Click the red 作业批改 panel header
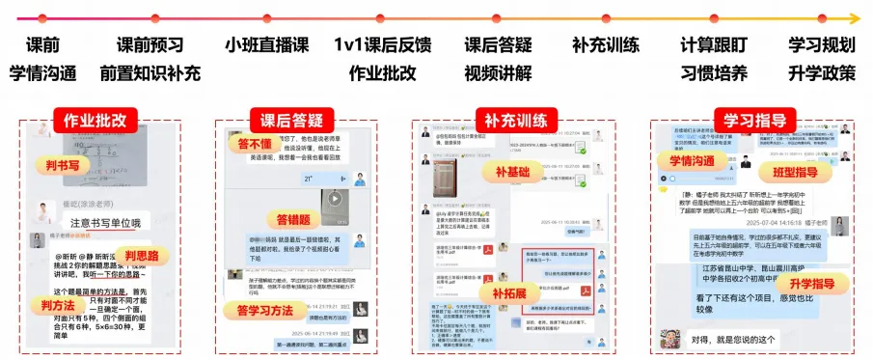[x=95, y=121]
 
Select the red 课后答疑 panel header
[x=289, y=121]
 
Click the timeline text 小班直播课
[x=267, y=44]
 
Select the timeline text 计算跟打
[x=713, y=44]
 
